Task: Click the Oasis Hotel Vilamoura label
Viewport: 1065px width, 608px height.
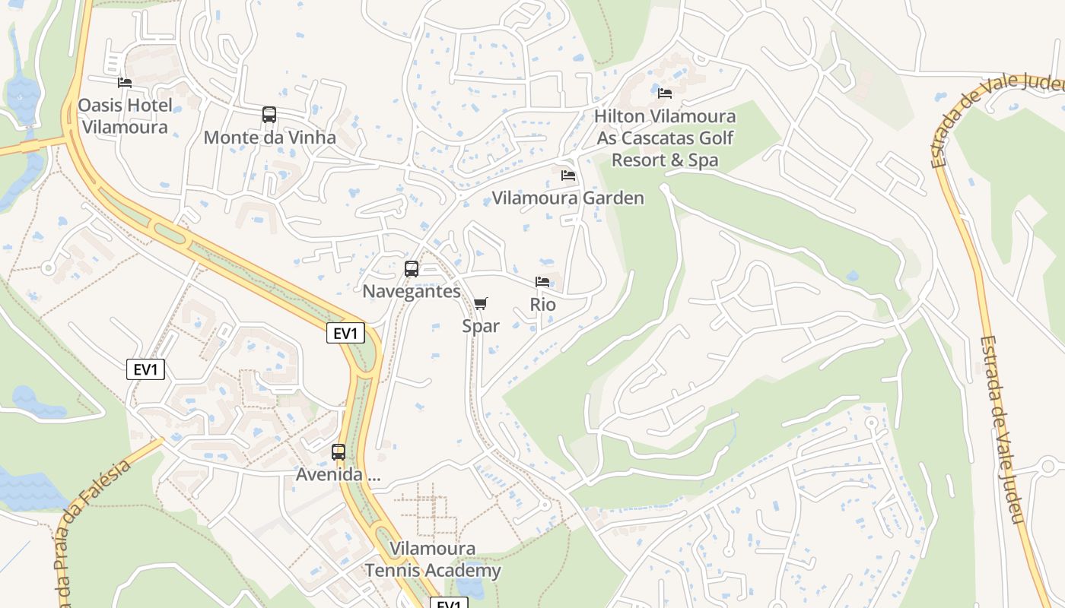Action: [x=125, y=116]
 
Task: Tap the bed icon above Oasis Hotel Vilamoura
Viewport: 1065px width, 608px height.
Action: [x=125, y=82]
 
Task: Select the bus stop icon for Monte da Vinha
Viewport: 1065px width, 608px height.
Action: [x=269, y=115]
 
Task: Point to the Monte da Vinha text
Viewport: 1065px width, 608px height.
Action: [x=269, y=138]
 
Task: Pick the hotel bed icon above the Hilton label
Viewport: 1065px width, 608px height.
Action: [x=665, y=93]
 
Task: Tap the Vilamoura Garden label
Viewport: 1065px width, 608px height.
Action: [x=567, y=198]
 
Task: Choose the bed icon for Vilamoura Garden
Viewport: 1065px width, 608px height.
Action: [x=568, y=176]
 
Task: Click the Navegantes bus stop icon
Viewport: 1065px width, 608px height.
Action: [x=412, y=268]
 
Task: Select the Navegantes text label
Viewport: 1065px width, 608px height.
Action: [x=412, y=291]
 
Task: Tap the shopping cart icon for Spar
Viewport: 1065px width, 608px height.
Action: [x=480, y=304]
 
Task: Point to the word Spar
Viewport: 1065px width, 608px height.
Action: [x=481, y=326]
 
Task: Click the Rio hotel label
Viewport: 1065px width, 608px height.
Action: [x=542, y=305]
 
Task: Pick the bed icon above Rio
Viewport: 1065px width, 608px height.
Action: [x=542, y=282]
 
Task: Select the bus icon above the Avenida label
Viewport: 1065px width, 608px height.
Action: [x=339, y=452]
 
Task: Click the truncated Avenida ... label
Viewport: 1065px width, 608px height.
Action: [x=339, y=477]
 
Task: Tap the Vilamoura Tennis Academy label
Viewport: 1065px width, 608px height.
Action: [x=432, y=559]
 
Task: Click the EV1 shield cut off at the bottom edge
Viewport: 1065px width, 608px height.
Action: [x=449, y=603]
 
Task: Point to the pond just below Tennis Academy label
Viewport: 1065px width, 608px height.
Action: [x=469, y=589]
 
